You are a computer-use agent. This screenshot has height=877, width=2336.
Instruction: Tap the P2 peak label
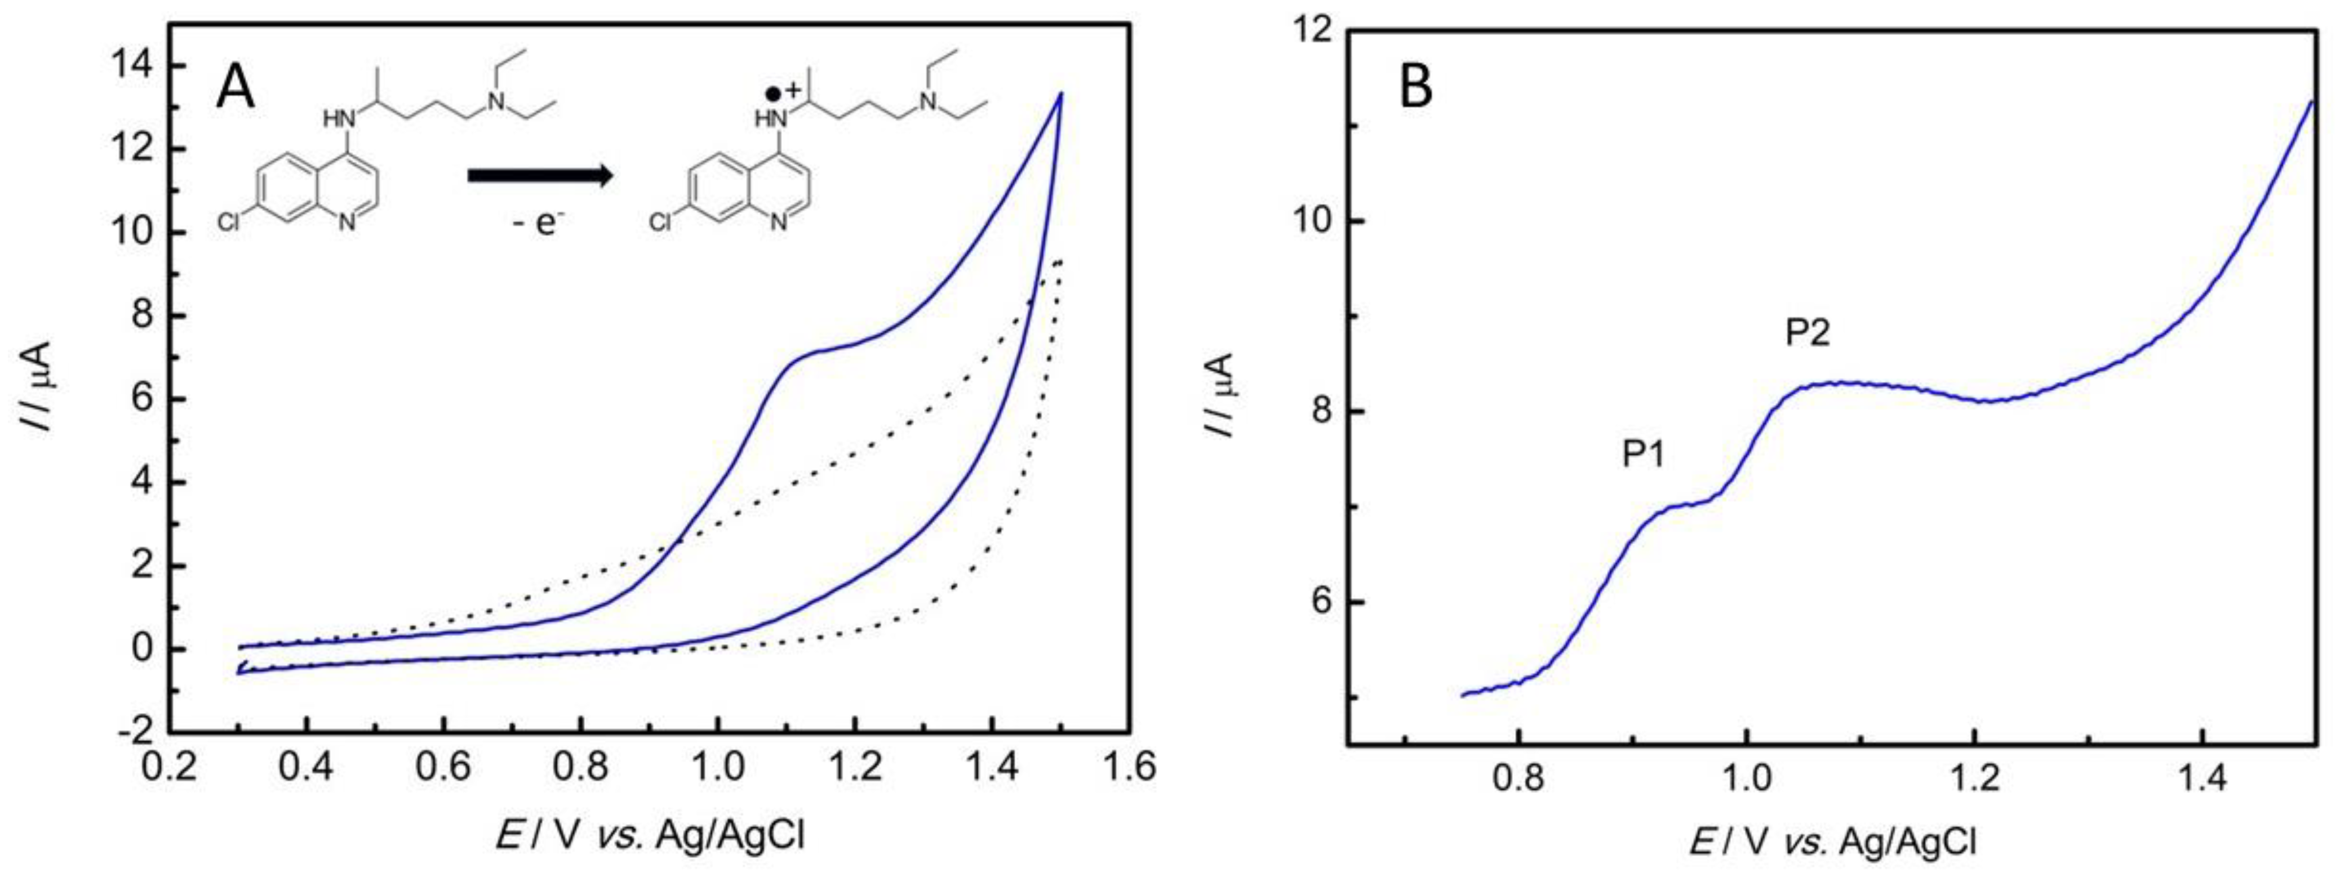click(x=1807, y=334)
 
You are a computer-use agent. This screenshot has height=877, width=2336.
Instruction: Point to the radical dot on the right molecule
click(x=772, y=94)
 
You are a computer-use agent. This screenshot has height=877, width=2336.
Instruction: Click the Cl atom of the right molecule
click(x=661, y=222)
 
